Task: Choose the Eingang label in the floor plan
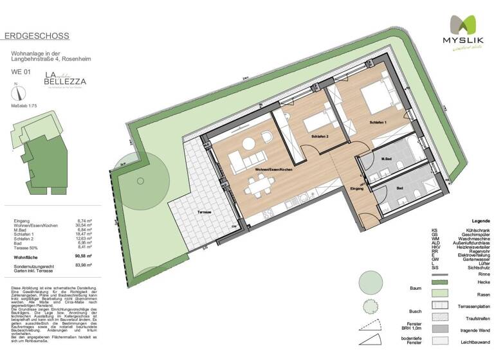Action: [357, 189]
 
